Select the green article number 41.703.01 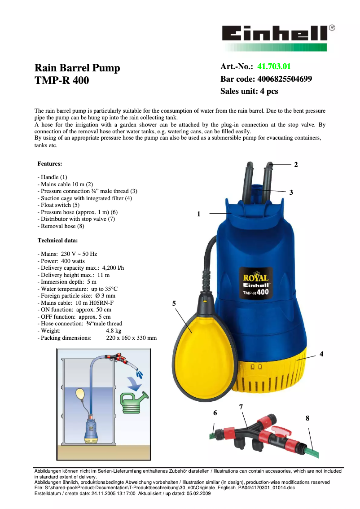pos(274,66)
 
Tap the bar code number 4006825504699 pos(285,79)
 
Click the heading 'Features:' pos(50,163)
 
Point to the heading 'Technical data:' pos(57,241)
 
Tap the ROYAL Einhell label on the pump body pos(256,284)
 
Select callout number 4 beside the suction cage pos(321,354)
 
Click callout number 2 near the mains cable pos(296,165)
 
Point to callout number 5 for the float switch pos(174,303)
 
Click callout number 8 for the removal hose pos(307,418)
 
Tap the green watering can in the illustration pos(134,403)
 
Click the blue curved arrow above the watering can pos(134,383)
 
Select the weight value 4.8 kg pos(114,331)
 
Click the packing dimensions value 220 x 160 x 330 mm pos(132,338)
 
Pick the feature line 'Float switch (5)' pos(58,205)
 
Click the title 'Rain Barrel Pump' pos(77,68)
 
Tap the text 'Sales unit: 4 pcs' pos(249,91)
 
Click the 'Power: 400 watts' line pos(61,261)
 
